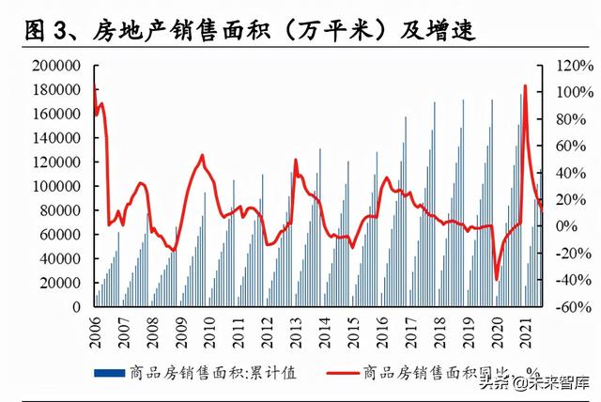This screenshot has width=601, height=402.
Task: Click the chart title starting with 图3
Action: (249, 33)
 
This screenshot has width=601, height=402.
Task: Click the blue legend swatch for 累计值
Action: (111, 373)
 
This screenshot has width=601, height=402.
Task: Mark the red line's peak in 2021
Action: (524, 85)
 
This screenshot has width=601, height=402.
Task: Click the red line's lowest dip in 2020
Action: (497, 279)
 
